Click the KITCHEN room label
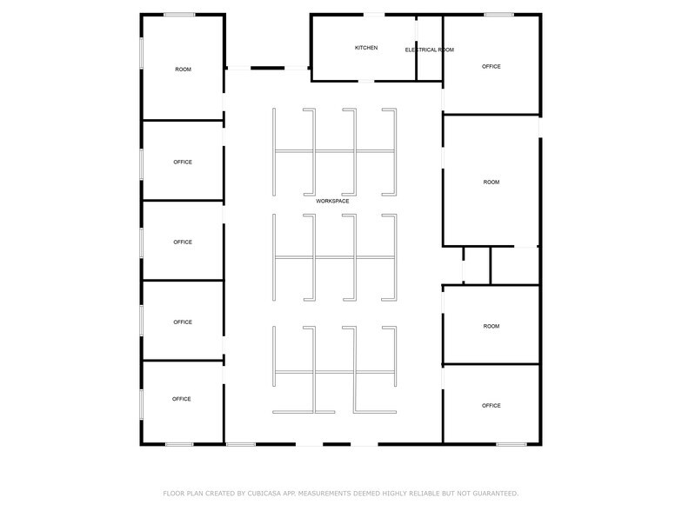(x=366, y=48)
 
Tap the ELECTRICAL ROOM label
(x=430, y=50)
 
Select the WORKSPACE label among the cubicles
(x=332, y=202)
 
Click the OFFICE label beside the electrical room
(x=491, y=66)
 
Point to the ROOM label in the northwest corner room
(x=183, y=70)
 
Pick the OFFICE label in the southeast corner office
(x=491, y=405)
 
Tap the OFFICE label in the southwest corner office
(x=181, y=399)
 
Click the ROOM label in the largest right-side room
(x=491, y=182)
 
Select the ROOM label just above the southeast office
(x=491, y=327)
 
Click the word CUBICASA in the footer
(x=264, y=494)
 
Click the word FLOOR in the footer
(x=174, y=494)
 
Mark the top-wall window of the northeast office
(x=499, y=15)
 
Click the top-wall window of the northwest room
(x=179, y=15)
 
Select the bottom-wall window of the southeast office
(x=512, y=444)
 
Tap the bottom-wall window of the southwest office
(x=179, y=444)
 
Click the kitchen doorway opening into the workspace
(x=365, y=81)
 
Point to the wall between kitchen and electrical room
(x=416, y=49)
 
